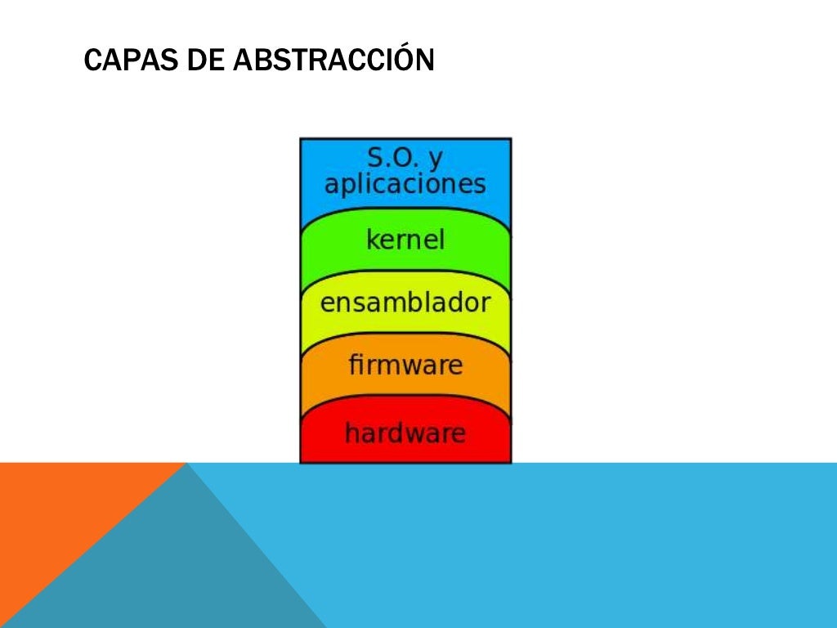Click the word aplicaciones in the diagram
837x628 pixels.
(x=405, y=184)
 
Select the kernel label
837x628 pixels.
(x=405, y=240)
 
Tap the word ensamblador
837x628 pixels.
(x=405, y=303)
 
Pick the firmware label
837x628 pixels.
(x=405, y=365)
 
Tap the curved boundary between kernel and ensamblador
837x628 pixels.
(x=405, y=271)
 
